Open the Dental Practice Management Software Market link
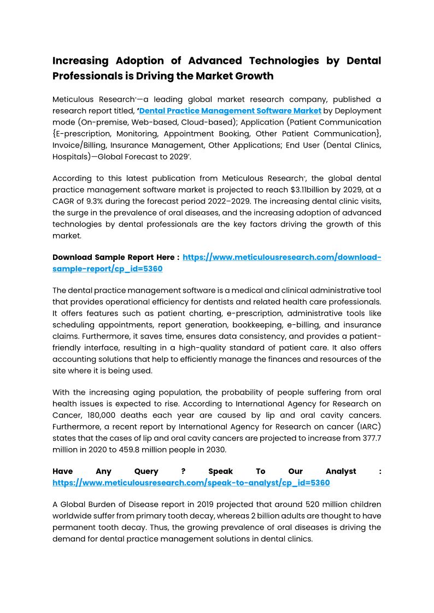tap(230, 111)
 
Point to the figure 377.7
tap(370, 438)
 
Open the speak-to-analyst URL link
tap(191, 483)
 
